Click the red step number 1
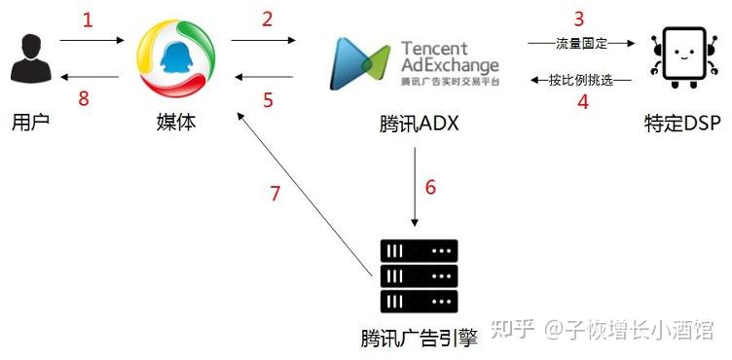[88, 20]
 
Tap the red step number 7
[275, 193]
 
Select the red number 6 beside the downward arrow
[430, 187]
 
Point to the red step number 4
[583, 101]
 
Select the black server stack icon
[419, 276]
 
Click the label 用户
[30, 124]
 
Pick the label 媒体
[176, 124]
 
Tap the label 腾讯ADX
[419, 125]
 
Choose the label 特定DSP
[679, 125]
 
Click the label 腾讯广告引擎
[420, 338]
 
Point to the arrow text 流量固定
[582, 45]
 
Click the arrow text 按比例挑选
[581, 81]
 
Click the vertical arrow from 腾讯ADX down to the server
[415, 187]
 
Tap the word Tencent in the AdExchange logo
[434, 49]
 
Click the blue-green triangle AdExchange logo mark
[359, 63]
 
